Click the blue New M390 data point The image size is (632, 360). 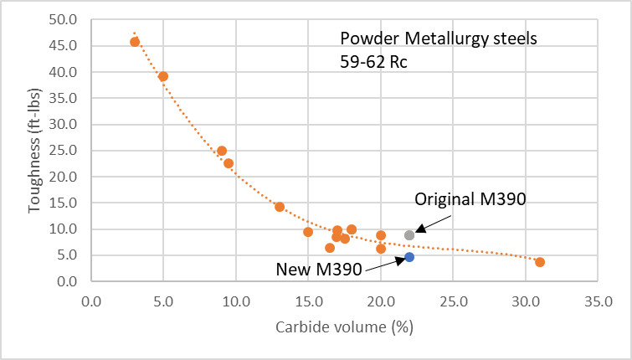(409, 257)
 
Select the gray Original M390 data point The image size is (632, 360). (409, 235)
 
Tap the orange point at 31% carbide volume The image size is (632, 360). (540, 262)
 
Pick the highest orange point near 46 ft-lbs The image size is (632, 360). (135, 42)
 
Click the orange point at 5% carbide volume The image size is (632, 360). (163, 76)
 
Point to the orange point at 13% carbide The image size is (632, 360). (280, 207)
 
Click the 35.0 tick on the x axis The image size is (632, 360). (598, 298)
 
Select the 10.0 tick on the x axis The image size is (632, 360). (236, 298)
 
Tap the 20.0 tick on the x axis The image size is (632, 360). (381, 298)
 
